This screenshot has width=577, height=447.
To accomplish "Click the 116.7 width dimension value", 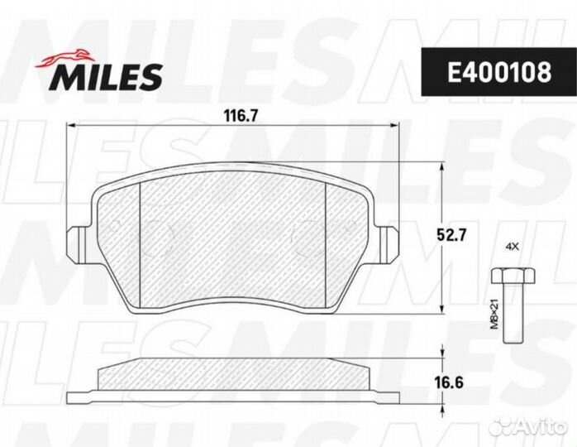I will click(x=237, y=117).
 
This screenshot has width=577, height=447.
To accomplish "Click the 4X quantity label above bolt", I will click(x=511, y=247).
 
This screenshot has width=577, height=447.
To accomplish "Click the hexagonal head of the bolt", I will click(x=511, y=276).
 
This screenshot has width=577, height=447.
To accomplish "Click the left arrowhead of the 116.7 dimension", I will click(x=70, y=126).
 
